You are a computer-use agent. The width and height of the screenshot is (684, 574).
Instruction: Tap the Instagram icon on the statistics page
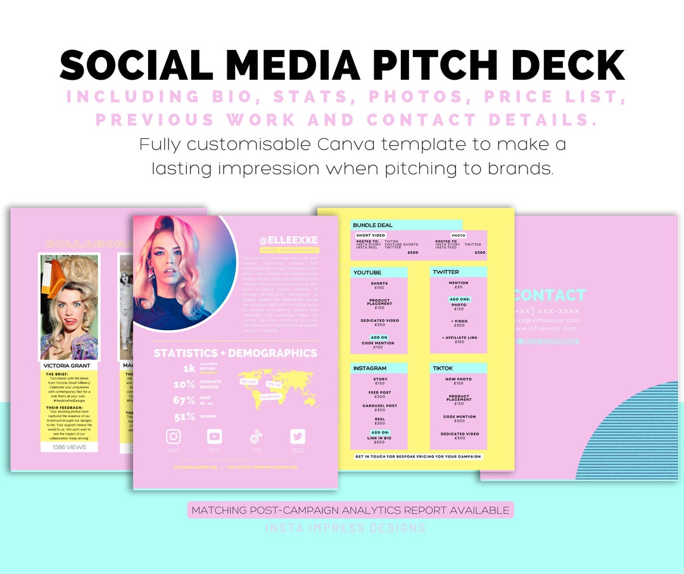[x=174, y=437]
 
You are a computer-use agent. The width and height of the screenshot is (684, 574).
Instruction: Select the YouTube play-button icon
[x=215, y=437]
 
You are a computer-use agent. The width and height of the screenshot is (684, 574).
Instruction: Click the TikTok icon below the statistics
[x=256, y=437]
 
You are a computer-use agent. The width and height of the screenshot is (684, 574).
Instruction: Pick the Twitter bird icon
[x=297, y=437]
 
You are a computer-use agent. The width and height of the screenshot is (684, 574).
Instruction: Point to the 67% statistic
[x=184, y=400]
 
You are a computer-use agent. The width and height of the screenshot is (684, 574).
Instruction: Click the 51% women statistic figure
[x=184, y=417]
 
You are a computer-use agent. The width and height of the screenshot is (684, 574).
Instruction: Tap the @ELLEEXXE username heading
[x=288, y=240]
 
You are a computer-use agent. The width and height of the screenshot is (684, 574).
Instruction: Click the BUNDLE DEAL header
[x=373, y=225]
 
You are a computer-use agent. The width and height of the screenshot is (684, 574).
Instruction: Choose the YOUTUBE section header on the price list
[x=368, y=272]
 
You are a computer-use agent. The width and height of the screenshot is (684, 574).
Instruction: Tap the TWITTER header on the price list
[x=446, y=272]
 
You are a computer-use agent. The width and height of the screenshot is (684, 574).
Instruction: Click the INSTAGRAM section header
[x=370, y=368]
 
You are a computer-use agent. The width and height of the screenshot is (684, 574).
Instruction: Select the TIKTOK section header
[x=444, y=368]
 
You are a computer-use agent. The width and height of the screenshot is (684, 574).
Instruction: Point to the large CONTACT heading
[x=550, y=295]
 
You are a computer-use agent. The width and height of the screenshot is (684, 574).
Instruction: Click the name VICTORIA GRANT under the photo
[x=66, y=366]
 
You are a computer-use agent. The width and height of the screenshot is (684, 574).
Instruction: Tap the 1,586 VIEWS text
[x=69, y=447]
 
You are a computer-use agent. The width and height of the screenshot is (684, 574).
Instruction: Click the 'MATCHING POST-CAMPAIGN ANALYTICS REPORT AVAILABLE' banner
[x=350, y=510]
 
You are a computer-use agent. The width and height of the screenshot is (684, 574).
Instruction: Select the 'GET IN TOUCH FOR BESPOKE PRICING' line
[x=418, y=456]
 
